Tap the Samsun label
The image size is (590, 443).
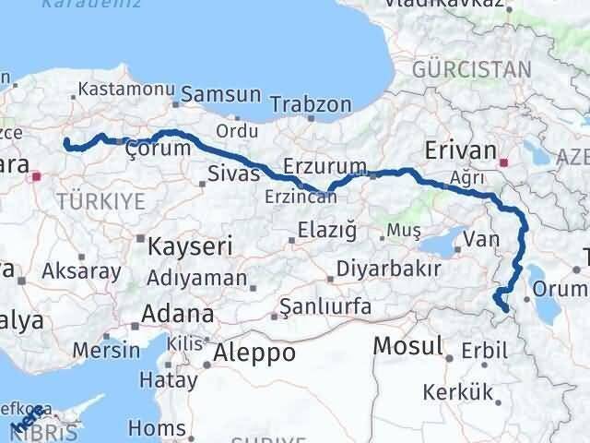[221, 94]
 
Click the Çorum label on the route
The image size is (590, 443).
[158, 148]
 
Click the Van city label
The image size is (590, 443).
[479, 240]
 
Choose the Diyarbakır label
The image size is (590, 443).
[388, 269]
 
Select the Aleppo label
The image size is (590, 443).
[254, 353]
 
